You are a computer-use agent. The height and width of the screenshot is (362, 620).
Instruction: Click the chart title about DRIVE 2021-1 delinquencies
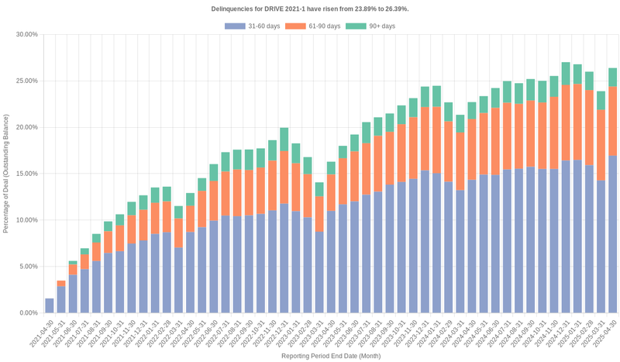[x=310, y=9]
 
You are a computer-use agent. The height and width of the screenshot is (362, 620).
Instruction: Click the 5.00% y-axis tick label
[x=27, y=267]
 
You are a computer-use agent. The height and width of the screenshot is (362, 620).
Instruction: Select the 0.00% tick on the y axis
[x=27, y=313]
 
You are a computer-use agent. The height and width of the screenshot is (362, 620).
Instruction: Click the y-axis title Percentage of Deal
[x=6, y=174]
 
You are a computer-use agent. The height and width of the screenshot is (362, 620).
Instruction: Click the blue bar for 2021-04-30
[x=50, y=305]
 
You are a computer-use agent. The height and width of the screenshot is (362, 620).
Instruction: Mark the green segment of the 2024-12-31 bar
[x=566, y=68]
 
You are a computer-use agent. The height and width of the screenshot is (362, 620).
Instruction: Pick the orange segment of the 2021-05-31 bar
[x=61, y=284]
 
